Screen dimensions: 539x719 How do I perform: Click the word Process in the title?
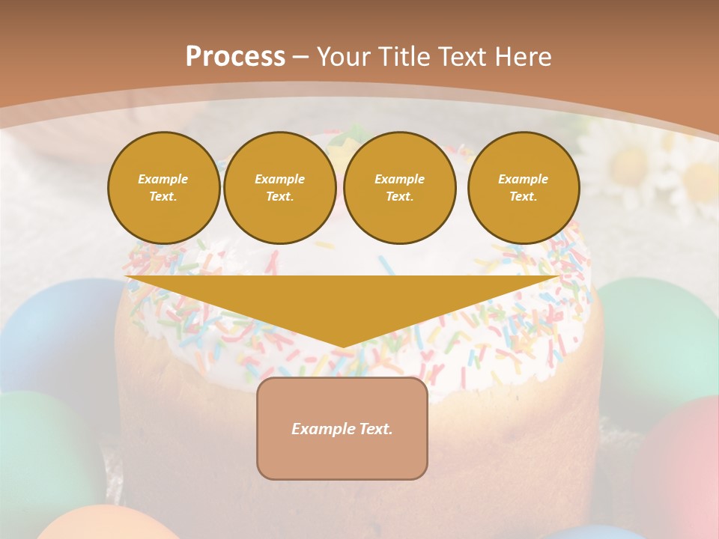[235, 56]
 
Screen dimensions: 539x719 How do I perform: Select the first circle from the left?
[164, 188]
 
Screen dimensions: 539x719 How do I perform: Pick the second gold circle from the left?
[280, 188]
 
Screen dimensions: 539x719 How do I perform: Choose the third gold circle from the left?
[400, 188]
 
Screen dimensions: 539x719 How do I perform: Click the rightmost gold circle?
[524, 188]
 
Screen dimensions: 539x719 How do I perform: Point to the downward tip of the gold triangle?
[343, 346]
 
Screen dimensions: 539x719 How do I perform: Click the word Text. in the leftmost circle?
[163, 197]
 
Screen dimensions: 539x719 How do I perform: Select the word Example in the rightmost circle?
[523, 179]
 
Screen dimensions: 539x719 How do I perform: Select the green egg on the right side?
[659, 329]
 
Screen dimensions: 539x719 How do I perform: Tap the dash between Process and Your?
[301, 56]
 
